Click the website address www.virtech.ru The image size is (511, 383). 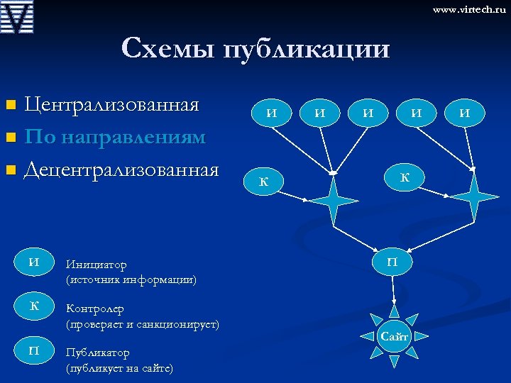(469, 10)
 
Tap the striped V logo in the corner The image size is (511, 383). (18, 18)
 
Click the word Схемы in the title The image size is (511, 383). (168, 48)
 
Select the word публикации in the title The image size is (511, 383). (306, 50)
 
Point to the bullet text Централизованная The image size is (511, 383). (111, 105)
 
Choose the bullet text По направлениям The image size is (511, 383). (115, 136)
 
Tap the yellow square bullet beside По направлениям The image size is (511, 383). (10, 137)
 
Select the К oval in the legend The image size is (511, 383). (33, 306)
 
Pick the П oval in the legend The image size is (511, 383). (33, 350)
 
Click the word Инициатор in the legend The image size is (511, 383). (97, 265)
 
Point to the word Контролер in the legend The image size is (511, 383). (95, 309)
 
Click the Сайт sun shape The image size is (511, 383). (394, 336)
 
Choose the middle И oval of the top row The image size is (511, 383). (368, 112)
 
